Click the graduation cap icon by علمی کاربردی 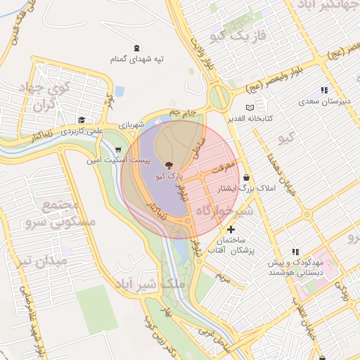coord(82,120)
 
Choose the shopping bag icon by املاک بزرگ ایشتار coord(246,178)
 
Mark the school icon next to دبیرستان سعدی coord(324,90)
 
